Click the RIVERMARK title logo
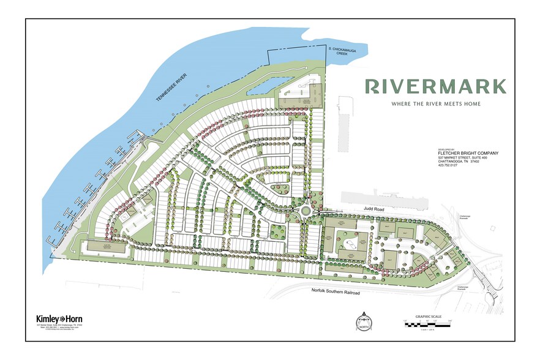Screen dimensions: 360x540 [x=435, y=86]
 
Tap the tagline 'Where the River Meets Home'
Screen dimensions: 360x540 [x=435, y=104]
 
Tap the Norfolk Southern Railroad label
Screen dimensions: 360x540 [x=336, y=293]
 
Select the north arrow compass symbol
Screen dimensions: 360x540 [x=364, y=319]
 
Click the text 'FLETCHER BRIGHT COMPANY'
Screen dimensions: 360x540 [x=468, y=153]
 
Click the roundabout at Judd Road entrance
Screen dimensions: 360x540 [x=307, y=211]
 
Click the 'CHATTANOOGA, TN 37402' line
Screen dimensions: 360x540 [x=463, y=162]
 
